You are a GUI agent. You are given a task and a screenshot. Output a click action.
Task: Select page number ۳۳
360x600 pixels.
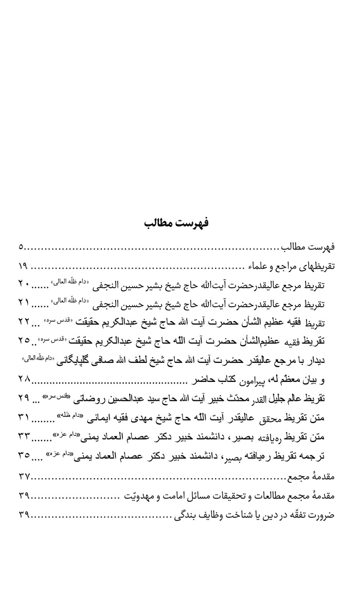click(25, 437)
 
